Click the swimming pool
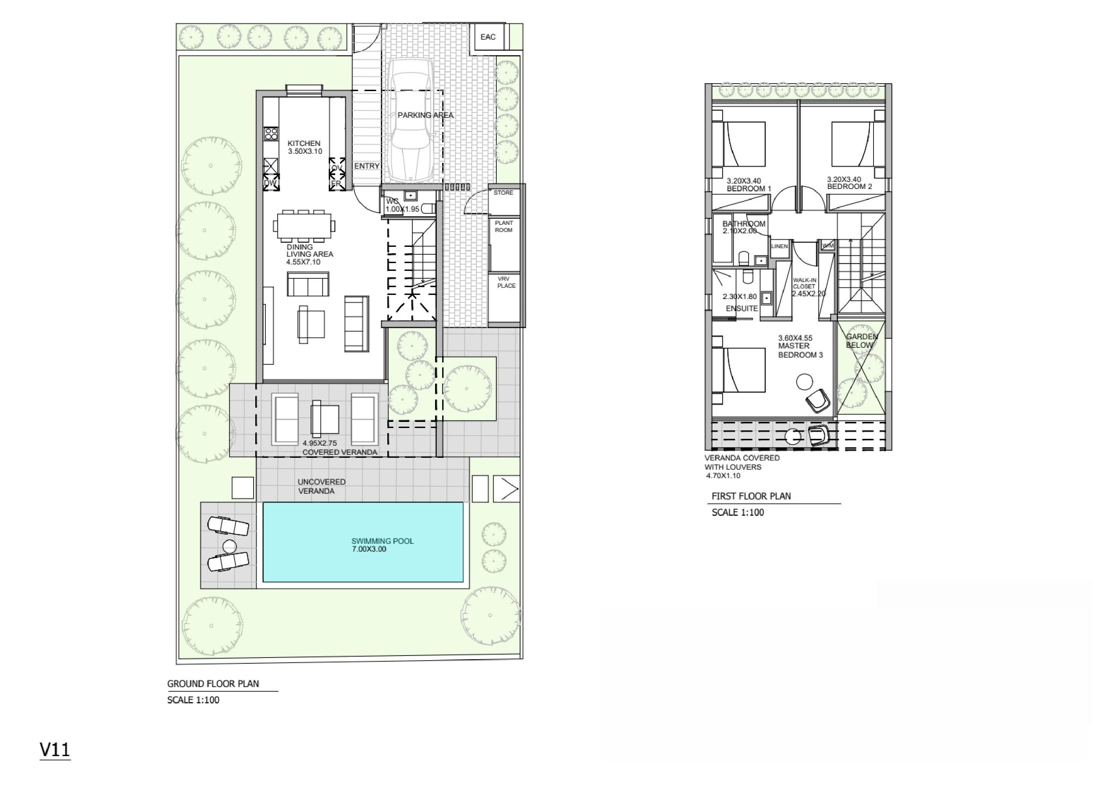click(363, 542)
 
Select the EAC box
click(488, 37)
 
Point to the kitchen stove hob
click(271, 134)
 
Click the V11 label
click(55, 750)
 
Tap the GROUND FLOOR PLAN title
click(213, 684)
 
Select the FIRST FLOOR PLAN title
click(751, 496)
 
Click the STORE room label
click(503, 193)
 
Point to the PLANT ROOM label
click(504, 227)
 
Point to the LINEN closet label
click(779, 247)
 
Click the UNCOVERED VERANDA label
click(321, 486)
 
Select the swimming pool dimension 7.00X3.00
click(369, 549)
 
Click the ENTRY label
click(367, 166)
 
